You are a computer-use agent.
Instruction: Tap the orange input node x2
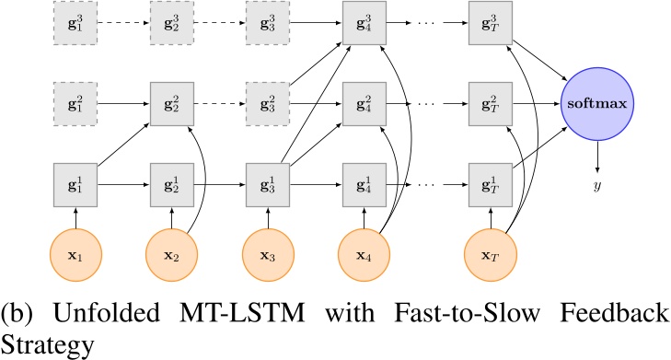[x=170, y=253]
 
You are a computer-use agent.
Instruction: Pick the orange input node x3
[x=267, y=253]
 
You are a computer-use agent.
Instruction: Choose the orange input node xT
[x=490, y=253]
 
